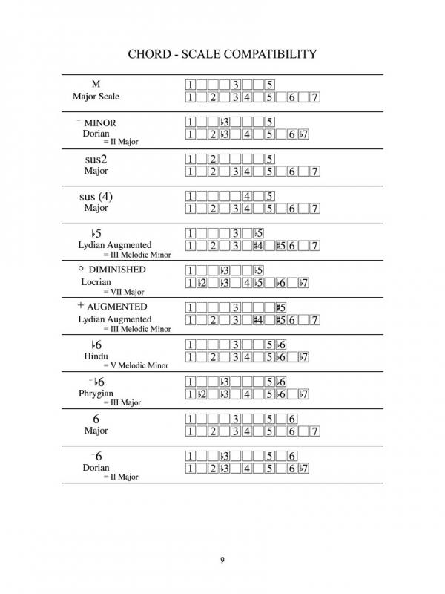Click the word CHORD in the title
[152, 54]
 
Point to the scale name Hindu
[97, 356]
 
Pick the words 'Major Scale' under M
[96, 97]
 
